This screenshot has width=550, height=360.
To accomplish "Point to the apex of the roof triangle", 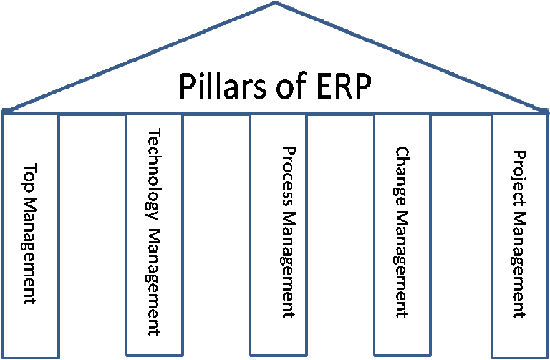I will point(276,3).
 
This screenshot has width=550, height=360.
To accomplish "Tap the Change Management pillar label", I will point(402,233).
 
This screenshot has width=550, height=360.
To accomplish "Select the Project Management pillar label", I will point(521,233).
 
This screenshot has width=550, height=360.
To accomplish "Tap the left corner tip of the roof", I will point(4,112).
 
